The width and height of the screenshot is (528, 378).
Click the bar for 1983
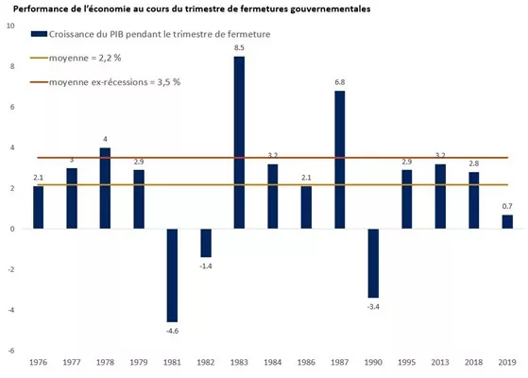(239, 142)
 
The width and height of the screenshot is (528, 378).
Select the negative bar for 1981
(172, 275)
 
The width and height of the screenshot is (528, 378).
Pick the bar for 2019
(507, 221)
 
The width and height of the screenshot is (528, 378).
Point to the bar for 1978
(105, 187)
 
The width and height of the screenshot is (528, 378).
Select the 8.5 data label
(239, 47)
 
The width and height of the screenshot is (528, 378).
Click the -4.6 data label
(172, 330)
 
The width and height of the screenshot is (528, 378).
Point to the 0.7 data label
(507, 206)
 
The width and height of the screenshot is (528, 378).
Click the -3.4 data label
(373, 305)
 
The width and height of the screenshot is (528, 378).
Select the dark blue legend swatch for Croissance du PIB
(39, 34)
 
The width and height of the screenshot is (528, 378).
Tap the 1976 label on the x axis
(38, 363)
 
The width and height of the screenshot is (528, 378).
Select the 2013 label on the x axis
(440, 363)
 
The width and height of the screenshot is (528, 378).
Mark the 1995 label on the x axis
(406, 363)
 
